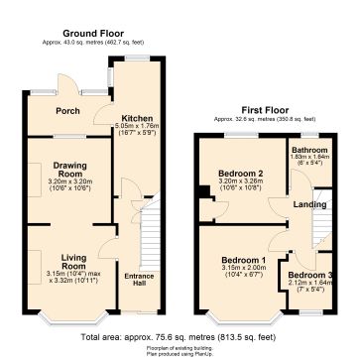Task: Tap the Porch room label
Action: pyautogui.click(x=66, y=110)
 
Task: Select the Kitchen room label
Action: pyautogui.click(x=136, y=117)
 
